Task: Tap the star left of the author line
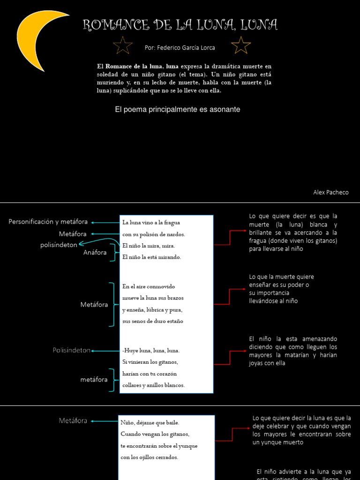click(123, 45)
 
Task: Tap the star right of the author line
click(241, 45)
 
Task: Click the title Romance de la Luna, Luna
click(180, 25)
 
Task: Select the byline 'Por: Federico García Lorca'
click(180, 48)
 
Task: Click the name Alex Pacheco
click(331, 193)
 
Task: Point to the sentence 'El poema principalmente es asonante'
click(178, 109)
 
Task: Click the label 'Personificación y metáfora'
click(48, 222)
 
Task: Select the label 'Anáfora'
click(95, 252)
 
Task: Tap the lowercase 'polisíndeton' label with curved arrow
click(59, 245)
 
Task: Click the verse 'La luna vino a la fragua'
click(151, 223)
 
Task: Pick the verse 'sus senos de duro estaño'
click(153, 322)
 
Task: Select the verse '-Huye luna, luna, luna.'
click(151, 351)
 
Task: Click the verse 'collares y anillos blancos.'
click(154, 385)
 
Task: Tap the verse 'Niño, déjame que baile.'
click(150, 422)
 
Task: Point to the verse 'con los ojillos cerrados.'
click(150, 457)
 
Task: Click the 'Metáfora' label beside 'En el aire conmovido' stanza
click(94, 305)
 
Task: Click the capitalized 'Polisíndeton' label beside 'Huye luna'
click(72, 350)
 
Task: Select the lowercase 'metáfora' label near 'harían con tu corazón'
click(94, 380)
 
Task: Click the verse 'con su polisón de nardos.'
click(154, 234)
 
